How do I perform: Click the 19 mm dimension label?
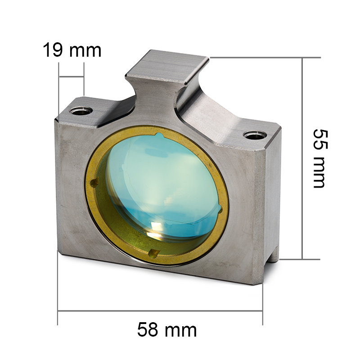point(72,50)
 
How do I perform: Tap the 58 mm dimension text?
point(167,330)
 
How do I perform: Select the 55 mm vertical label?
point(319,159)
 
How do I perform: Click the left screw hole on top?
point(81,111)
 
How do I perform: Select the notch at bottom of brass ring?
point(153,253)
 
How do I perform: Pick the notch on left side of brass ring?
point(94,183)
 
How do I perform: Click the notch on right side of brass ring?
point(220,209)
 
